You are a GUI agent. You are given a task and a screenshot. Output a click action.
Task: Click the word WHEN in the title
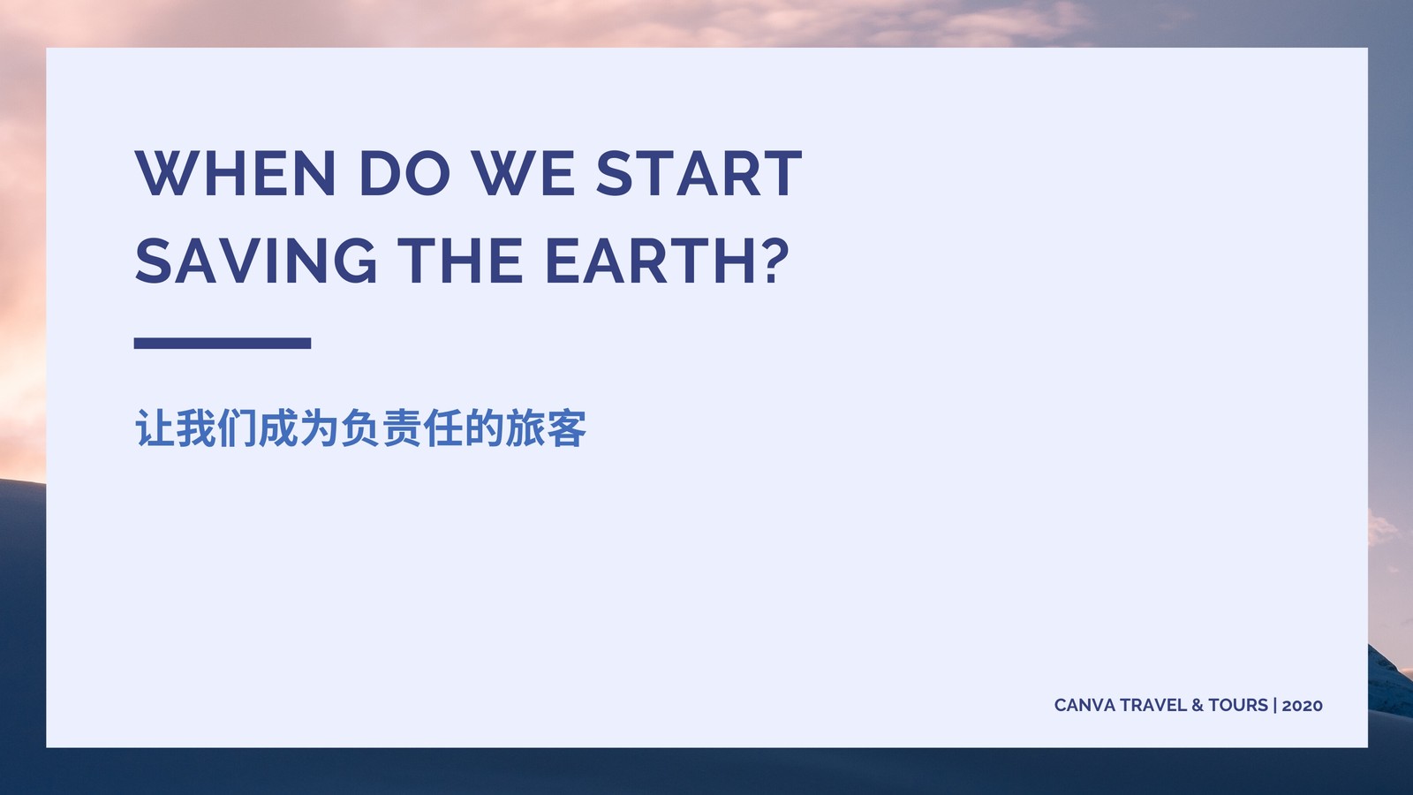pos(235,173)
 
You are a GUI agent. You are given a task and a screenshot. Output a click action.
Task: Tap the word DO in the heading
pos(404,173)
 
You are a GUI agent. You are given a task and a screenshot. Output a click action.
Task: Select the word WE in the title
pos(523,173)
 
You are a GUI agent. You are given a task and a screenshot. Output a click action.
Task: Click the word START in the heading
pos(699,173)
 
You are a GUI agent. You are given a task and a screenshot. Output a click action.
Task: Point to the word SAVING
pos(255,261)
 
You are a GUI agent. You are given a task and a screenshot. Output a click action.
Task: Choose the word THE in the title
pos(460,261)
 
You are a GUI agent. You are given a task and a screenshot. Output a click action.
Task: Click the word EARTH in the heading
pos(651,261)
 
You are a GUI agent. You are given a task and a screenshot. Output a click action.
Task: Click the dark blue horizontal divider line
pos(223,344)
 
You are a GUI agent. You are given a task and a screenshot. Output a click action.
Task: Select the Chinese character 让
pos(155,428)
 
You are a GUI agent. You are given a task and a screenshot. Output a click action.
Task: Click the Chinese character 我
pos(195,428)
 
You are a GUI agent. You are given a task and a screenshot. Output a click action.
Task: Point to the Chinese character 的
pos(484,428)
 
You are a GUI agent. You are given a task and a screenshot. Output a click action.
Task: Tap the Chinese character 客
pos(566,428)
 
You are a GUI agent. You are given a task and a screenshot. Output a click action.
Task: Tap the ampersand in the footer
pos(1198,705)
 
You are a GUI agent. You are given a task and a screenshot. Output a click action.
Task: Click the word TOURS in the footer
pos(1237,705)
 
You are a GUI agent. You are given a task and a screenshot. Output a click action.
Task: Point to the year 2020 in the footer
pos(1302,706)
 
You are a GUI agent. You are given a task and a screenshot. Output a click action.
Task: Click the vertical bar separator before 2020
pos(1275,705)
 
